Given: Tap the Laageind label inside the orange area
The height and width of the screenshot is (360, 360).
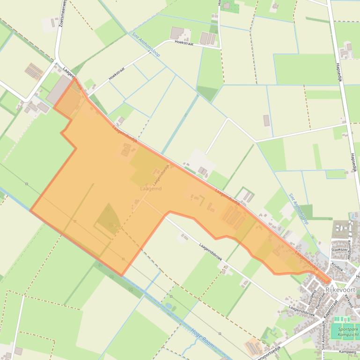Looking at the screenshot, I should pyautogui.click(x=151, y=188).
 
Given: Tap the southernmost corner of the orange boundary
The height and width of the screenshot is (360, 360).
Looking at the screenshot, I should pyautogui.click(x=122, y=275).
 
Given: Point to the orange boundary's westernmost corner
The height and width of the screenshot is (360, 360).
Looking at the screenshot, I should pyautogui.click(x=31, y=210).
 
